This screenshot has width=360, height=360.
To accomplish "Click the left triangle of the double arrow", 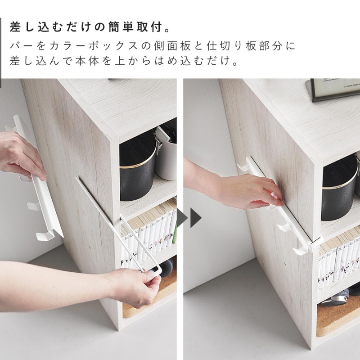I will (182, 218).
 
